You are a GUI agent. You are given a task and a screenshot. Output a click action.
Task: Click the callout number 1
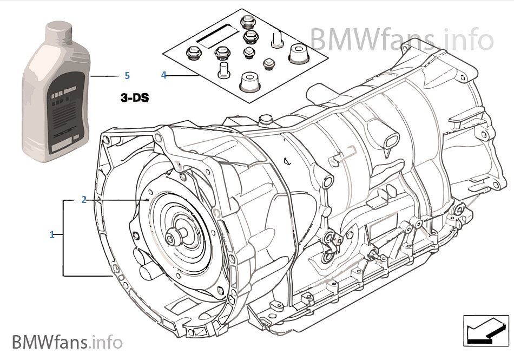(x=52, y=235)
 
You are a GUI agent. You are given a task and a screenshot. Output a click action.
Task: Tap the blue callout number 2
(x=84, y=200)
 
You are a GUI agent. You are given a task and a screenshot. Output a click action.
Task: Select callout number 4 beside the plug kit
(x=164, y=75)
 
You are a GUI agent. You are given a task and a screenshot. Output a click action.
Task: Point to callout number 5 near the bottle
(x=127, y=75)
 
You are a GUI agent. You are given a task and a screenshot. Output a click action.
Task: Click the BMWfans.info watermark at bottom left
(x=67, y=342)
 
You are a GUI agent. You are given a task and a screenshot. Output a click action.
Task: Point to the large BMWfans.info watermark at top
(x=401, y=39)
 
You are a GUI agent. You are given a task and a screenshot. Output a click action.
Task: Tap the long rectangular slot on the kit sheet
(x=215, y=35)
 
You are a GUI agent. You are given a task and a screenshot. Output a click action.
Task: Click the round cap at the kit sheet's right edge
(x=297, y=54)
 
